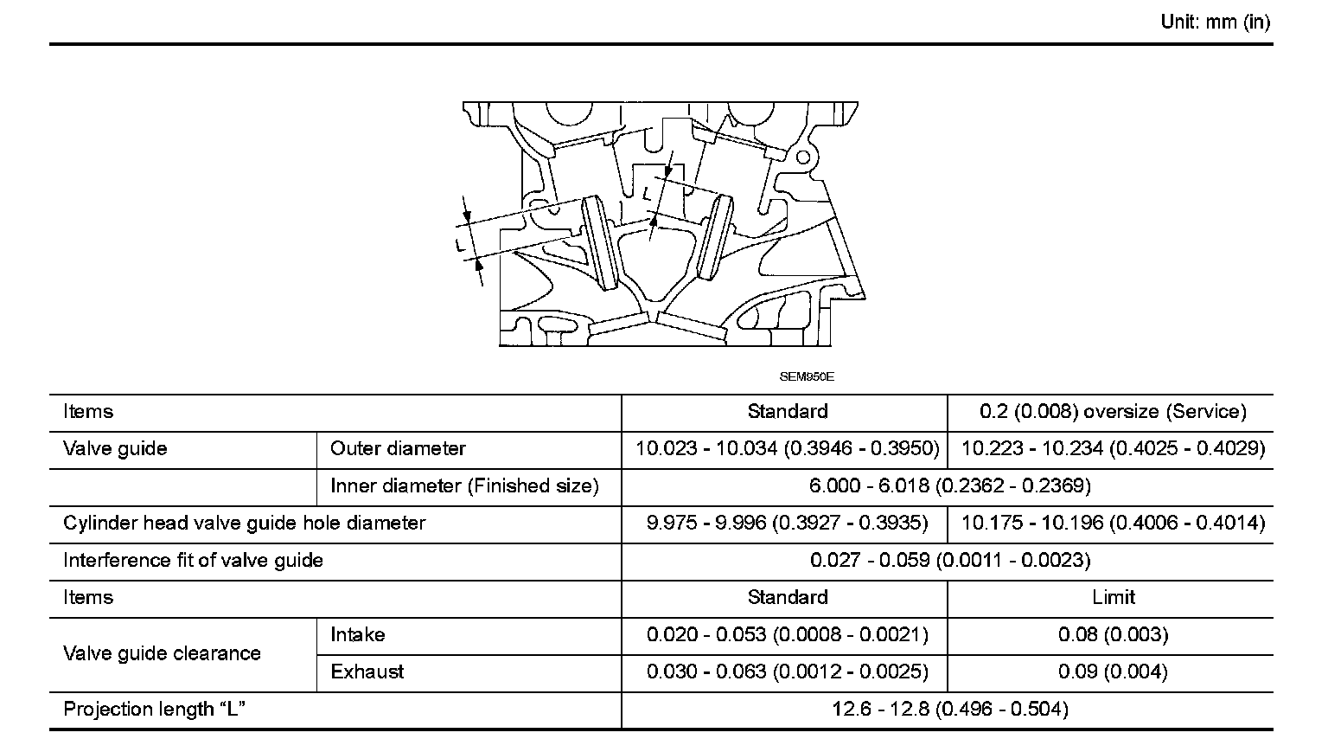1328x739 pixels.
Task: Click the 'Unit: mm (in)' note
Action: [1215, 22]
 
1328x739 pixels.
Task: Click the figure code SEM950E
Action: [807, 377]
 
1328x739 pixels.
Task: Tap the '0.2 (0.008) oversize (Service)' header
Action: [1113, 412]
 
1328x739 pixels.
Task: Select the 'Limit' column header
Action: [1113, 597]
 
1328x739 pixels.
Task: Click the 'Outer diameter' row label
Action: [398, 449]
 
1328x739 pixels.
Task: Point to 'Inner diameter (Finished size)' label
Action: [464, 486]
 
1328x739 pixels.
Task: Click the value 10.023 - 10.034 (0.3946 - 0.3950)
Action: [787, 449]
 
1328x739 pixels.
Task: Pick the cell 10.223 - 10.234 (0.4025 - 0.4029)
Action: [1113, 449]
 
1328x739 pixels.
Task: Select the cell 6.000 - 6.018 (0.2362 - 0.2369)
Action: [949, 486]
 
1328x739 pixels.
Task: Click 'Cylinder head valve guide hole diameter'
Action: [245, 524]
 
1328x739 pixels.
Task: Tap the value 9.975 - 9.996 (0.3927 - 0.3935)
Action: [787, 524]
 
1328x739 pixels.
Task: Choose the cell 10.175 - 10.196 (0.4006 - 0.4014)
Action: [1113, 524]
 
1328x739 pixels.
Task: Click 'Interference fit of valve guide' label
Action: [193, 561]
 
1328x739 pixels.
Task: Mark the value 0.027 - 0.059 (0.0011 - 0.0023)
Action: [949, 561]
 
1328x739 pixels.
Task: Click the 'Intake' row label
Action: [357, 635]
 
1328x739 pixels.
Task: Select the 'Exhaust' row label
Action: [367, 672]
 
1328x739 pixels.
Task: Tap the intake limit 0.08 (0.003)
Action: [1113, 635]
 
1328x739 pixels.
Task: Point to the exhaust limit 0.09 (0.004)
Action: [1113, 672]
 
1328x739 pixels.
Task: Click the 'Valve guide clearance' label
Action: [162, 653]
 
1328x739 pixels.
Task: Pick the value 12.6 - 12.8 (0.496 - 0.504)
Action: [949, 710]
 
